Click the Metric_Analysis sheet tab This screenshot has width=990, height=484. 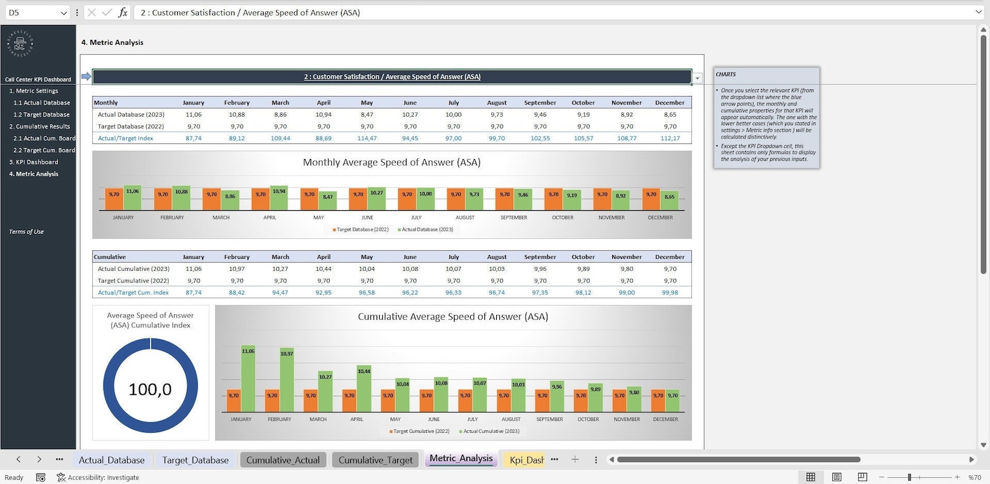point(461,458)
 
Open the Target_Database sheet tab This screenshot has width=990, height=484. point(195,460)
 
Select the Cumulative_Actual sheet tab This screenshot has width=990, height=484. point(282,460)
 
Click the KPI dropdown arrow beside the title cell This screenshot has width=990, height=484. point(698,79)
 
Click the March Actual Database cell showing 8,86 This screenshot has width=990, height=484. point(281,115)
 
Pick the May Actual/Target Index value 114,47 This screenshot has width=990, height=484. point(367,138)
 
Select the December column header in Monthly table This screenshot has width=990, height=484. point(670,103)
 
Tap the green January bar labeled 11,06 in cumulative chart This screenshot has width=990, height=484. point(248,380)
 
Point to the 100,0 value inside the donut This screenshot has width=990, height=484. point(150,390)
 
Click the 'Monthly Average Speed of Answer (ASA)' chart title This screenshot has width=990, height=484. point(392,162)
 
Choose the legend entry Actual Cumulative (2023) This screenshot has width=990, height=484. point(491,431)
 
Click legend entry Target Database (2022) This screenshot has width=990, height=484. point(361,230)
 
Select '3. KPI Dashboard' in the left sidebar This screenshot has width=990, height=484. point(34,162)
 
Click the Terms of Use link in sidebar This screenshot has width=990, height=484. point(26,232)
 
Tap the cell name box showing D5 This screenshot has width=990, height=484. point(31,12)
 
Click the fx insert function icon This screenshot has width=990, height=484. point(123,12)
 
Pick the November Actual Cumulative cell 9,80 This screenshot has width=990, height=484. point(627,269)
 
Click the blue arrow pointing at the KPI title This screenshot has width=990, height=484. point(86,77)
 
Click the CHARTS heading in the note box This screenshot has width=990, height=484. point(726,74)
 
